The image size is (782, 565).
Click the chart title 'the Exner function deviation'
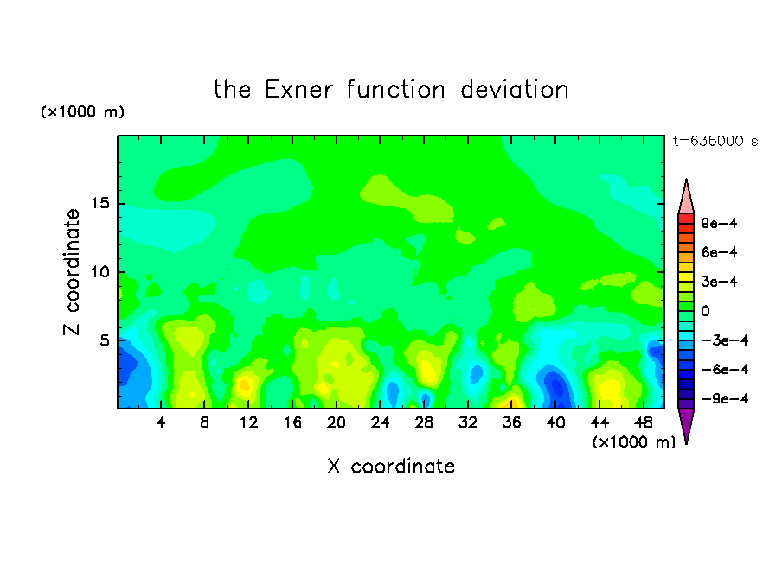tap(391, 90)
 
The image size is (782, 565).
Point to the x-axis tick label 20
tap(337, 422)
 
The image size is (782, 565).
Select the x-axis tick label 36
tap(512, 422)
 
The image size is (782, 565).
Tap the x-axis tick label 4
tap(161, 422)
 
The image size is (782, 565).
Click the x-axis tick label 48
tap(644, 422)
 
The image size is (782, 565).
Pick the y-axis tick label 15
tap(99, 203)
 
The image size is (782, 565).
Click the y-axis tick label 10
tap(99, 271)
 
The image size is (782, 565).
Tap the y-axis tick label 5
tap(104, 340)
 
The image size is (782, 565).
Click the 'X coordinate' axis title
tap(391, 466)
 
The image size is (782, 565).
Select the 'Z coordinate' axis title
tap(72, 272)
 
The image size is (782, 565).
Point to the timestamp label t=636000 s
tap(715, 141)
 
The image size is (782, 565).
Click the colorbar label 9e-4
tap(719, 223)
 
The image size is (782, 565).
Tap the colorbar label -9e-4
tap(725, 398)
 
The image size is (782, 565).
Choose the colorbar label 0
tap(705, 311)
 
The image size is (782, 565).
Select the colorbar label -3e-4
tap(725, 340)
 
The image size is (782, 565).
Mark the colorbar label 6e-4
tap(719, 252)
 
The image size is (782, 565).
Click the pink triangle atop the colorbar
tap(686, 200)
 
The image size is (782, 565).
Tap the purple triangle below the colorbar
tap(686, 423)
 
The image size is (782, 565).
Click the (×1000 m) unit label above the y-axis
tap(82, 111)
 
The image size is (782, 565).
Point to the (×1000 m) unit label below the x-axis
tap(633, 442)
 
